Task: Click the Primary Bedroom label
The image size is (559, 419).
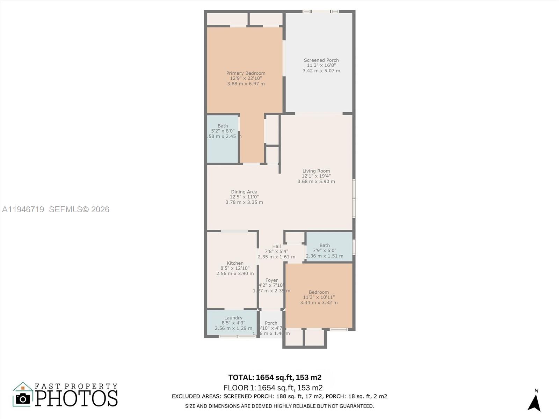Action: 246,73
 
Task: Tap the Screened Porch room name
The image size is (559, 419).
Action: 321,60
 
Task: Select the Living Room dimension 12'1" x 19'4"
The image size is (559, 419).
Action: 316,176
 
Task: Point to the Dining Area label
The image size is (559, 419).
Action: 244,192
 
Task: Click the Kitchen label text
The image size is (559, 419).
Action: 235,263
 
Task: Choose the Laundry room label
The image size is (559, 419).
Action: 233,318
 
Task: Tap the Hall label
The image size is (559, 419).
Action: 276,247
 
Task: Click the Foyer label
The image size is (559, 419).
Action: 271,280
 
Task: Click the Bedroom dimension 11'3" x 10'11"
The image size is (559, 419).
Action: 319,297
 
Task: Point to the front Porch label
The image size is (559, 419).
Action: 271,323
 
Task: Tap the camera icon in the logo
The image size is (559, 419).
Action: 23,399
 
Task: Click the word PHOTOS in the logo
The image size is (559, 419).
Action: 77,398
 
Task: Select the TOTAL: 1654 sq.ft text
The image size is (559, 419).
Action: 275,377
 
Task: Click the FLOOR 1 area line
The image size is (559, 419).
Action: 273,388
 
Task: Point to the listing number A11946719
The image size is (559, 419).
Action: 23,209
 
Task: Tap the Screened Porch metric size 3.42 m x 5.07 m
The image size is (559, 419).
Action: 321,71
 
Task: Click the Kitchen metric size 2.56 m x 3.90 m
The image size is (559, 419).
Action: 235,273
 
